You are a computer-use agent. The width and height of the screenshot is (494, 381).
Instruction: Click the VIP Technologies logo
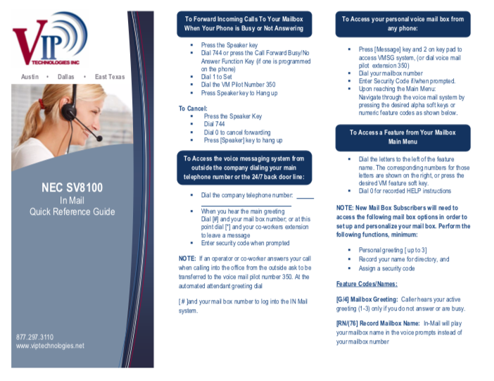click(x=50, y=39)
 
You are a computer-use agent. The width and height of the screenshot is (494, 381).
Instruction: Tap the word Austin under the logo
click(x=30, y=77)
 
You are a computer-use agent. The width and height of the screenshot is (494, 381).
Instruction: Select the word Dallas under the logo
click(x=66, y=77)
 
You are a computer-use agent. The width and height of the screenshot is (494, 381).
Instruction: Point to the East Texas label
click(x=110, y=77)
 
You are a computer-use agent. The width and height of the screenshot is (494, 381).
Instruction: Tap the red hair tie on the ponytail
click(x=42, y=103)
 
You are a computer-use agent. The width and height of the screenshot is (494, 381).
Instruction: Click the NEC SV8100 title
click(x=72, y=187)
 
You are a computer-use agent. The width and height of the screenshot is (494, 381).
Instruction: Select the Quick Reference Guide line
click(x=72, y=212)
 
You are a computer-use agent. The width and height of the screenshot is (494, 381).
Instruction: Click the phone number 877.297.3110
click(x=34, y=337)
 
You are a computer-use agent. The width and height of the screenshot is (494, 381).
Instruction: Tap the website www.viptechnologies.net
click(x=50, y=346)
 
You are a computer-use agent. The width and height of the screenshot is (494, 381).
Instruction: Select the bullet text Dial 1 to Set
click(x=217, y=77)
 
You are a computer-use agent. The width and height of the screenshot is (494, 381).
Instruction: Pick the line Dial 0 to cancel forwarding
click(x=237, y=132)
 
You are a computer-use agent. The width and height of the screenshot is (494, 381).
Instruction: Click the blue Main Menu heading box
click(x=403, y=137)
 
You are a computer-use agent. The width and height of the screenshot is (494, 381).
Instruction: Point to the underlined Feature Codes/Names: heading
click(x=367, y=284)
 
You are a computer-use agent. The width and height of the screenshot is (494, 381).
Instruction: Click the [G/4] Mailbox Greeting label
click(x=367, y=299)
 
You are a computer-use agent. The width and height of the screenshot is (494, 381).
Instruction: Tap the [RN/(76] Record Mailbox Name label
click(x=378, y=323)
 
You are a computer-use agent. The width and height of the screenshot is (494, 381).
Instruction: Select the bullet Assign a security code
click(x=386, y=268)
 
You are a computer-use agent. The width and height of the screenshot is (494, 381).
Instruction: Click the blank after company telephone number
click(x=305, y=198)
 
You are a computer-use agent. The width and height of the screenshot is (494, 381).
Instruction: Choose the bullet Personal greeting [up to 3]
click(x=393, y=250)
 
